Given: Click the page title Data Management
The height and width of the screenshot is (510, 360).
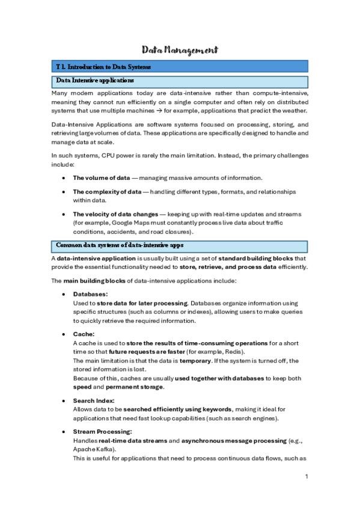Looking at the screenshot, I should [x=180, y=50].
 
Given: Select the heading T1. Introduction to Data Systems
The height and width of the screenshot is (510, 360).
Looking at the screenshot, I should [x=103, y=67].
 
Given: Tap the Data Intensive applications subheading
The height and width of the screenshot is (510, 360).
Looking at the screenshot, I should [x=94, y=81].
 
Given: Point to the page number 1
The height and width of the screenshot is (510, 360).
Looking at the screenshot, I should [x=306, y=477].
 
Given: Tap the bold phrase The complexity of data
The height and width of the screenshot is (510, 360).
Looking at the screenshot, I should [x=106, y=192].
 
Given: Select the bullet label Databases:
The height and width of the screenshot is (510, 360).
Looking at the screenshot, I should [x=90, y=295].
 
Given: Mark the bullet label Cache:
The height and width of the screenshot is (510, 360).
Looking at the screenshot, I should [x=84, y=334].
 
